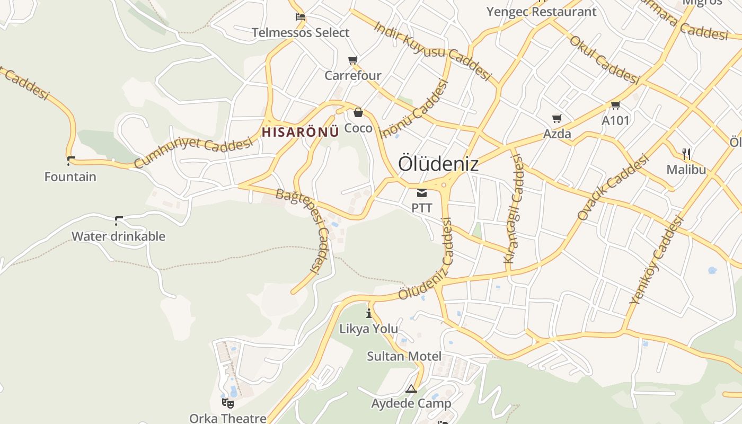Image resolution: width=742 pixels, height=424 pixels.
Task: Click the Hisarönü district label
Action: click(x=300, y=132)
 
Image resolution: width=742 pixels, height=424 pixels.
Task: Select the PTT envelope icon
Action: click(x=422, y=192)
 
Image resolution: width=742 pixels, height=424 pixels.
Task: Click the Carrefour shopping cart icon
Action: click(x=353, y=60)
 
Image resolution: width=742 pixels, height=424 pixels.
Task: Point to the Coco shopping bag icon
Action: click(x=358, y=112)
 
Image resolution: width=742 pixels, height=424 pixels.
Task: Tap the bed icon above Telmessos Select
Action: click(x=301, y=17)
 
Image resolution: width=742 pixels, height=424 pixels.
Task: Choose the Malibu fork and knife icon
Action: click(x=686, y=154)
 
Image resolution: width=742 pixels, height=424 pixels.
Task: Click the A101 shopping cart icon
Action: click(x=615, y=105)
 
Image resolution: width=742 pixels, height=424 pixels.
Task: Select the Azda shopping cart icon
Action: click(x=556, y=118)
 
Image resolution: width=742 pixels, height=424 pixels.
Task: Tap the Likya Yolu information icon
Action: click(x=369, y=313)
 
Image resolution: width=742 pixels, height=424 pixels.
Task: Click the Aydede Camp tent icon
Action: click(x=411, y=388)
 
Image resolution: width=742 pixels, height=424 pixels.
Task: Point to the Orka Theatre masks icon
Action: click(x=228, y=403)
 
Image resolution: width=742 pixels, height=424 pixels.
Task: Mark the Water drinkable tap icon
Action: click(x=119, y=220)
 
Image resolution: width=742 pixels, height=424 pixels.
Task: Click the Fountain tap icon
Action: click(x=70, y=161)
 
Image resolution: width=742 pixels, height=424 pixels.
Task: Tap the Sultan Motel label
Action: click(x=404, y=356)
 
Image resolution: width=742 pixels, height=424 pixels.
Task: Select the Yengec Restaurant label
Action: click(x=541, y=12)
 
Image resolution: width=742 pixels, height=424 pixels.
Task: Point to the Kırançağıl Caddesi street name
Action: click(x=513, y=209)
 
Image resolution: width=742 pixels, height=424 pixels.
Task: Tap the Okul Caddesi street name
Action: click(x=604, y=59)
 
